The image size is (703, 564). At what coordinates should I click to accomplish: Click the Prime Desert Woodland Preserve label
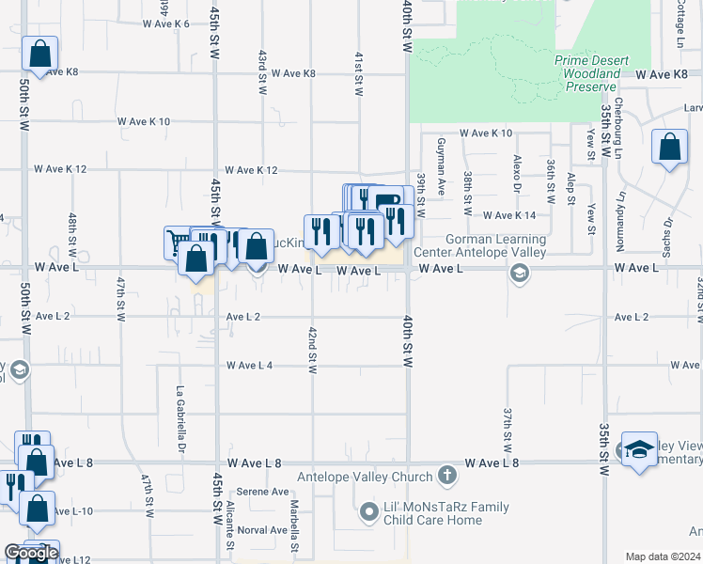[587, 72]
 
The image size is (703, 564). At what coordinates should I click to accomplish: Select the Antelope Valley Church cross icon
[447, 476]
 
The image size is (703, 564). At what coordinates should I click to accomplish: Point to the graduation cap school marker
[639, 450]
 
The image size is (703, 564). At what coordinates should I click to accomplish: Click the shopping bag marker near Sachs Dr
[668, 148]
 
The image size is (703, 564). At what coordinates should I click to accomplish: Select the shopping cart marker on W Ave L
[179, 242]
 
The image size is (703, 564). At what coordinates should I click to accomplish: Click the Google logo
[31, 554]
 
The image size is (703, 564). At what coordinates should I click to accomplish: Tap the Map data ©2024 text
[664, 556]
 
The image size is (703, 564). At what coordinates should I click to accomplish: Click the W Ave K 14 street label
[508, 216]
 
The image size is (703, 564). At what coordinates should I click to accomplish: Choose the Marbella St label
[294, 533]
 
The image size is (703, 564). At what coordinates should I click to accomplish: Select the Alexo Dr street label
[517, 176]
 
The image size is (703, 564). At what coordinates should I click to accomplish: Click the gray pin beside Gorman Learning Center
[517, 273]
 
